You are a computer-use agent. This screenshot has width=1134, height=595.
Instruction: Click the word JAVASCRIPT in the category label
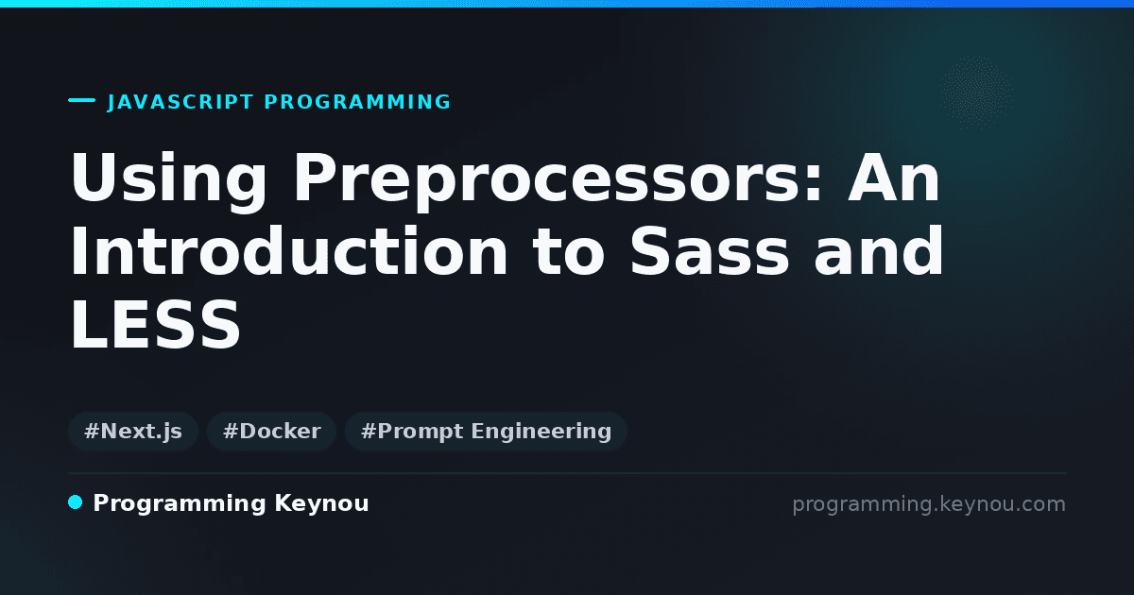point(180,102)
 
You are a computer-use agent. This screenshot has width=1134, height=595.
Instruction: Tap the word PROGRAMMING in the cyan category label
point(357,102)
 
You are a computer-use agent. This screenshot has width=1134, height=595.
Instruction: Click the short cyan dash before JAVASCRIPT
point(81,100)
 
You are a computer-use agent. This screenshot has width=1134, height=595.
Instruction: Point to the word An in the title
point(894,178)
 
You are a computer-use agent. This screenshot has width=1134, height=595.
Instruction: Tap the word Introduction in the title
point(288,251)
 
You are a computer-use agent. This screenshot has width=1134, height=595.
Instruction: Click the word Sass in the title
point(710,251)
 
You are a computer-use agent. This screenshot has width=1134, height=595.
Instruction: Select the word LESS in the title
point(155,324)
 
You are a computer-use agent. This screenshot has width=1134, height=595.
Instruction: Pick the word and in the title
point(879,251)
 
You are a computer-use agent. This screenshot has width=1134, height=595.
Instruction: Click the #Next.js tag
point(133,431)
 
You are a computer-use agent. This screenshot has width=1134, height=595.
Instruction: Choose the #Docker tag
point(272,431)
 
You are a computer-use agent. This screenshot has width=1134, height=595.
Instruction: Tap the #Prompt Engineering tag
point(486,431)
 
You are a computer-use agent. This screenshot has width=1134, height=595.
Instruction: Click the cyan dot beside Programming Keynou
point(76,502)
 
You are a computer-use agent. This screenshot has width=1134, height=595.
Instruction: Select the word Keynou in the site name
point(321,503)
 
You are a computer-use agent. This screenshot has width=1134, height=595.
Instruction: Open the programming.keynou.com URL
point(929,504)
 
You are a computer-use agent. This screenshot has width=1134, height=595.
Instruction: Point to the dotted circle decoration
point(976,93)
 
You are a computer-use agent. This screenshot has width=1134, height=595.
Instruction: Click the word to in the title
point(569,252)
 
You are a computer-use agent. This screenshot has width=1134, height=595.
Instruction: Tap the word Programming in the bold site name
point(180,504)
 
